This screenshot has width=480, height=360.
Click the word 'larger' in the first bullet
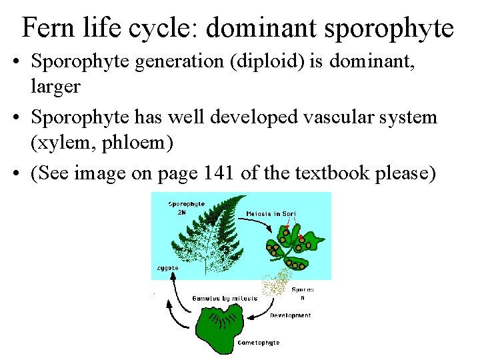coord(55,87)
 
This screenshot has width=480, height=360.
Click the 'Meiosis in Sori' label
coord(271,214)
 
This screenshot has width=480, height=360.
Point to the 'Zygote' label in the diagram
coord(167,267)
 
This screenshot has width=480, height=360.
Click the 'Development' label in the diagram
coord(291,315)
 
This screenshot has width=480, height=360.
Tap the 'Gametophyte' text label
coord(259,343)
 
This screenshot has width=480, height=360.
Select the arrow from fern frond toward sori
coord(254,226)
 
